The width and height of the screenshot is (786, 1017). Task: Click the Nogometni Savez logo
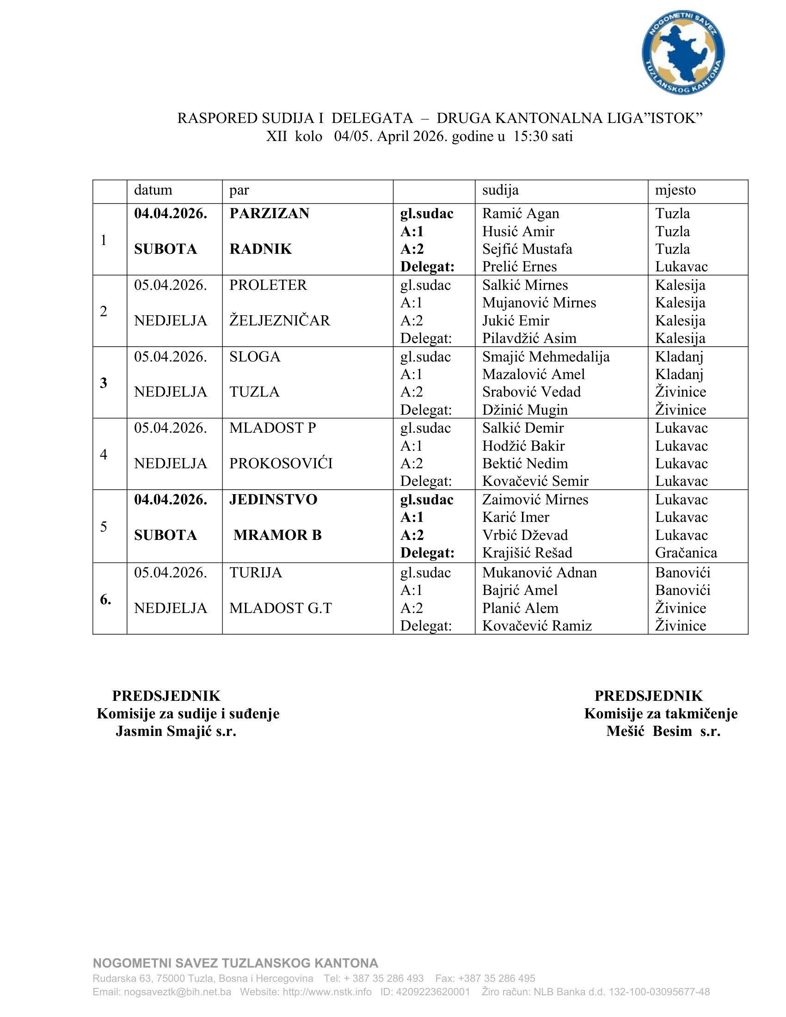coord(682,52)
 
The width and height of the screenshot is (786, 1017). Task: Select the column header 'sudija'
coord(500,190)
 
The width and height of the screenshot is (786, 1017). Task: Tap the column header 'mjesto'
coord(675,190)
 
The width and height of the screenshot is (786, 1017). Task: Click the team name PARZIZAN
coord(269,213)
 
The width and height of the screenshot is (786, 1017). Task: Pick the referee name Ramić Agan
coord(521,213)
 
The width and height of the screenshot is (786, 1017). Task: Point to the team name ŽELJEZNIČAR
coord(279,320)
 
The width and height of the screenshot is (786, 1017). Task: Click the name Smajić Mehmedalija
coord(546,357)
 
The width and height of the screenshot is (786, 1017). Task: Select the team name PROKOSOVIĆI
coord(281,463)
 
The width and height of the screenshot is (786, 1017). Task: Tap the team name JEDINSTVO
coord(273,500)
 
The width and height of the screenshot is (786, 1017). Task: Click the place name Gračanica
coord(686,553)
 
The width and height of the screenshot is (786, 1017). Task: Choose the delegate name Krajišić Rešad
coord(527,553)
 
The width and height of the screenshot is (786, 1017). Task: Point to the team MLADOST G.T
coord(280,608)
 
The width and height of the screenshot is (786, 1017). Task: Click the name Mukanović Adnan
coord(539,573)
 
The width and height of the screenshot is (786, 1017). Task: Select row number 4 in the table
coord(104,454)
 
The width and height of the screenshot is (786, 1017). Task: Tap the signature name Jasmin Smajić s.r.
coord(176,732)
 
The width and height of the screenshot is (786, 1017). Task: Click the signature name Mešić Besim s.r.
coord(663,732)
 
